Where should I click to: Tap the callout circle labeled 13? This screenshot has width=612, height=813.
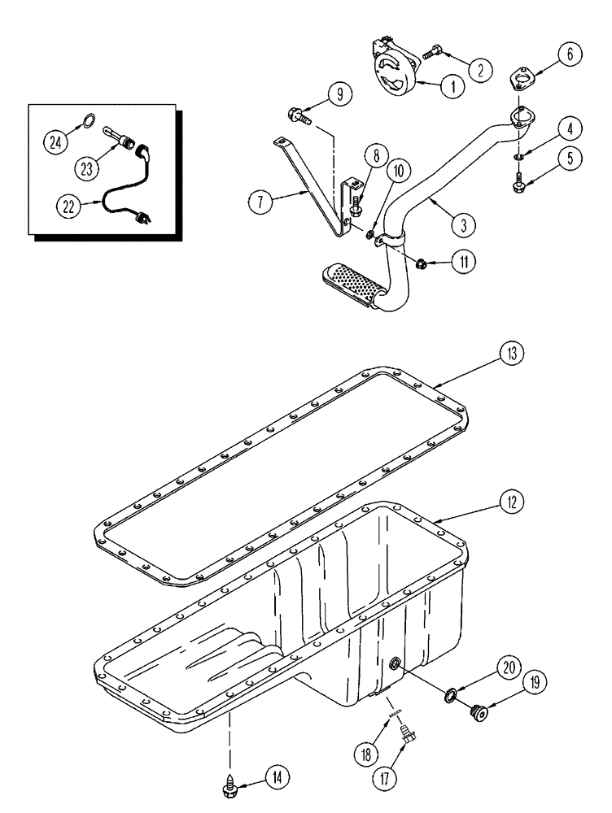coord(512,355)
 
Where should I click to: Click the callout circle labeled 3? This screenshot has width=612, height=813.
coord(461,220)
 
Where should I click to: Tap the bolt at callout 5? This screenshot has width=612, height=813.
coord(519,188)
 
